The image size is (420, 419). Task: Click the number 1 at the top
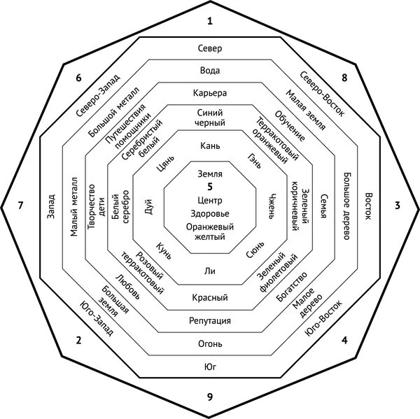(210, 22)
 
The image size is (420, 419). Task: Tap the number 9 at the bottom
(210, 397)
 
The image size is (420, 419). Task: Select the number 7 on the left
(21, 206)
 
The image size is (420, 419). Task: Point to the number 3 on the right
(398, 206)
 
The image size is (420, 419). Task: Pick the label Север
(210, 49)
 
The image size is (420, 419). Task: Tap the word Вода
(210, 71)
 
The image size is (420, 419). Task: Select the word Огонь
(210, 344)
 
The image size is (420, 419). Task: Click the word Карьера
(210, 93)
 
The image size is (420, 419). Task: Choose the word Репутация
(210, 321)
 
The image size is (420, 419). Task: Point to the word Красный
(210, 298)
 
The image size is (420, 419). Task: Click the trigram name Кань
(210, 145)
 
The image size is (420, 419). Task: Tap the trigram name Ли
(210, 270)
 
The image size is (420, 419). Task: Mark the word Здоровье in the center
(210, 214)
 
